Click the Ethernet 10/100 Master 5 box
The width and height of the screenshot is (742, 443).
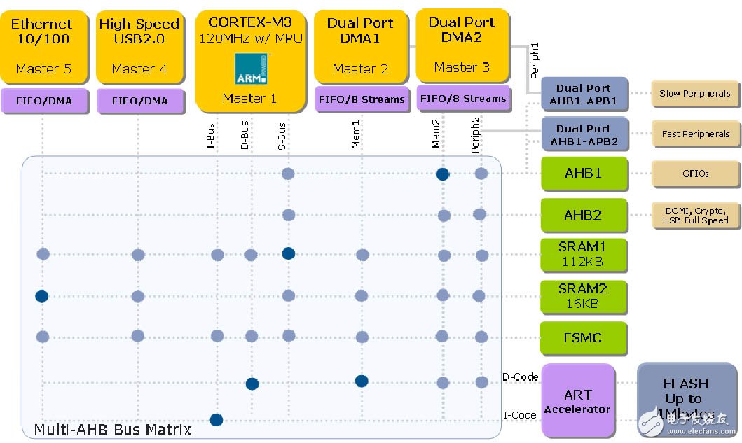pos(43,45)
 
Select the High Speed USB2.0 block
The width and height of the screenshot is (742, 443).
pos(139,45)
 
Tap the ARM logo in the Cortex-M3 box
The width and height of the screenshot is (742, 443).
pos(249,68)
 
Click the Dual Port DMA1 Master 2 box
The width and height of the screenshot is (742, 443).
pos(359,45)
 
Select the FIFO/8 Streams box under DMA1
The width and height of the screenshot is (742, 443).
pos(362,99)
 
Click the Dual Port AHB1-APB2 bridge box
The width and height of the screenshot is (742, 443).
pos(583,134)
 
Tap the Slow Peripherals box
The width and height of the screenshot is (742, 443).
pos(694,93)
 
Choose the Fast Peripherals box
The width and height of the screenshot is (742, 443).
pos(694,134)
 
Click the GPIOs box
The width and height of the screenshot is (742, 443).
pos(694,174)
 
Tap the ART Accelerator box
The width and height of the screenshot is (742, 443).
pos(577,401)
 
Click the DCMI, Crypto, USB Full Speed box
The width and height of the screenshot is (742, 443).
pos(694,215)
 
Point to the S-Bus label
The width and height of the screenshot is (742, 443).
pos(282,136)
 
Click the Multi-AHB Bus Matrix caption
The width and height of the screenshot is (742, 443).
pos(112,429)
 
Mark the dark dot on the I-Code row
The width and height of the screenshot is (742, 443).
pos(217,420)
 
